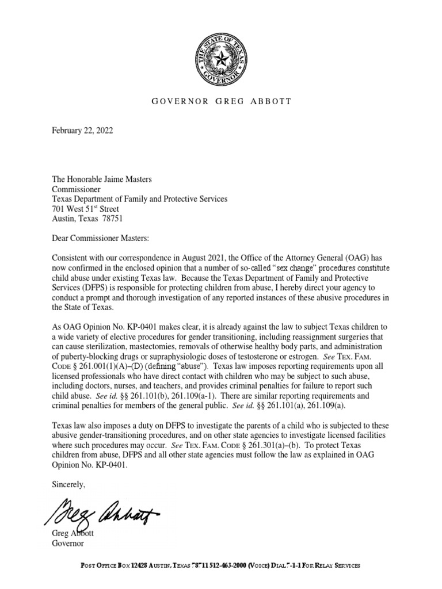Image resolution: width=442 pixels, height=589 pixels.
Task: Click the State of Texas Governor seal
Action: coord(220,58)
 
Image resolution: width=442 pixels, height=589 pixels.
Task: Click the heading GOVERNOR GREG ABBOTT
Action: coord(221,101)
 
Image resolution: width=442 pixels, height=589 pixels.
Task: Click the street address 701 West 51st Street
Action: coord(85,209)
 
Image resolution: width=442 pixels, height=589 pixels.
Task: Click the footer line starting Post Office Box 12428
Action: coord(220,566)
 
